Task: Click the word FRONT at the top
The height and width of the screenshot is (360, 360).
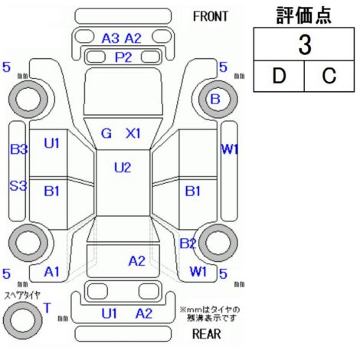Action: coord(211,17)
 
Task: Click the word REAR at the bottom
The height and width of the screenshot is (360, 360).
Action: coord(207,334)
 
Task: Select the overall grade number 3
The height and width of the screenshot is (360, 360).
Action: coord(305,45)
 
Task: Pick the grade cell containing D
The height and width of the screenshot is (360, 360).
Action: coord(279,76)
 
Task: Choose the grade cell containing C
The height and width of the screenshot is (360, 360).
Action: coord(329,76)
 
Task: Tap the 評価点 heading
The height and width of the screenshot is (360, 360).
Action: coord(304,15)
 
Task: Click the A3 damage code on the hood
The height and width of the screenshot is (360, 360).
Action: coord(110,38)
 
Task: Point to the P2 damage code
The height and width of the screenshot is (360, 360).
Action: coord(123,57)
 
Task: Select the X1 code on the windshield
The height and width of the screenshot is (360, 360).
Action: coord(133,133)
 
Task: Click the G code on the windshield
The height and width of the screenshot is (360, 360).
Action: coord(106,133)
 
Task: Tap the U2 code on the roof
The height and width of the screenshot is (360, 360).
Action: coord(123,168)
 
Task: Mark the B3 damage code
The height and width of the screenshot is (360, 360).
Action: coord(18,149)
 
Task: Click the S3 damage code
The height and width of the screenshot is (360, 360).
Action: coord(18,185)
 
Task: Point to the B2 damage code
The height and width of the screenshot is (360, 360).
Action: coord(188,244)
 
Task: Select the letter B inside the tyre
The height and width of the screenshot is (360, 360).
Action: coord(215,99)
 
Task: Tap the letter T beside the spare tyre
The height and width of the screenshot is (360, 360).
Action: coord(47,308)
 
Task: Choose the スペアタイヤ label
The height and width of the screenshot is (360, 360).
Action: coord(22,296)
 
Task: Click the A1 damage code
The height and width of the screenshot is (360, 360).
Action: coord(51,272)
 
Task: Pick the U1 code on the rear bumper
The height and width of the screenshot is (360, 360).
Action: coord(110,313)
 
